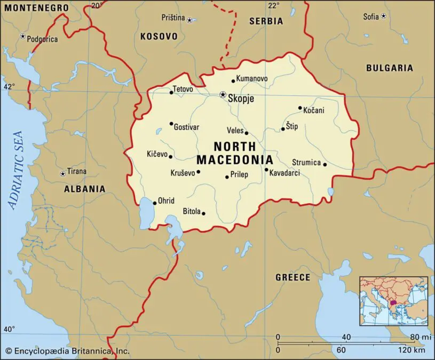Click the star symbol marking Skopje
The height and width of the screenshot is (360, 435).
(223, 95)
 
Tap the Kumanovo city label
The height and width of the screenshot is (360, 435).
(252, 78)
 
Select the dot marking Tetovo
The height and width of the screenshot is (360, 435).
(171, 93)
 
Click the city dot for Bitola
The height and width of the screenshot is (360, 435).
(203, 213)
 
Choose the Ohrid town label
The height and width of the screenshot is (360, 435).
(166, 201)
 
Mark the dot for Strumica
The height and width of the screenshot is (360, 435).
(325, 164)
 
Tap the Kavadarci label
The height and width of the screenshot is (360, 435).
(284, 173)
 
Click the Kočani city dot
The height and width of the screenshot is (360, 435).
(300, 108)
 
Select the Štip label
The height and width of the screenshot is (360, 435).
(292, 126)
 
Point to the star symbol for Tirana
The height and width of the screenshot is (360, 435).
(62, 173)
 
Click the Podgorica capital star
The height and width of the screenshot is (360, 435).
(22, 36)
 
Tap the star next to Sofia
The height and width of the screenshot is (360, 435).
(383, 17)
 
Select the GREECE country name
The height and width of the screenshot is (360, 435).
(292, 277)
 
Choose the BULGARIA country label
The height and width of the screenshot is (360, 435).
(389, 68)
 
